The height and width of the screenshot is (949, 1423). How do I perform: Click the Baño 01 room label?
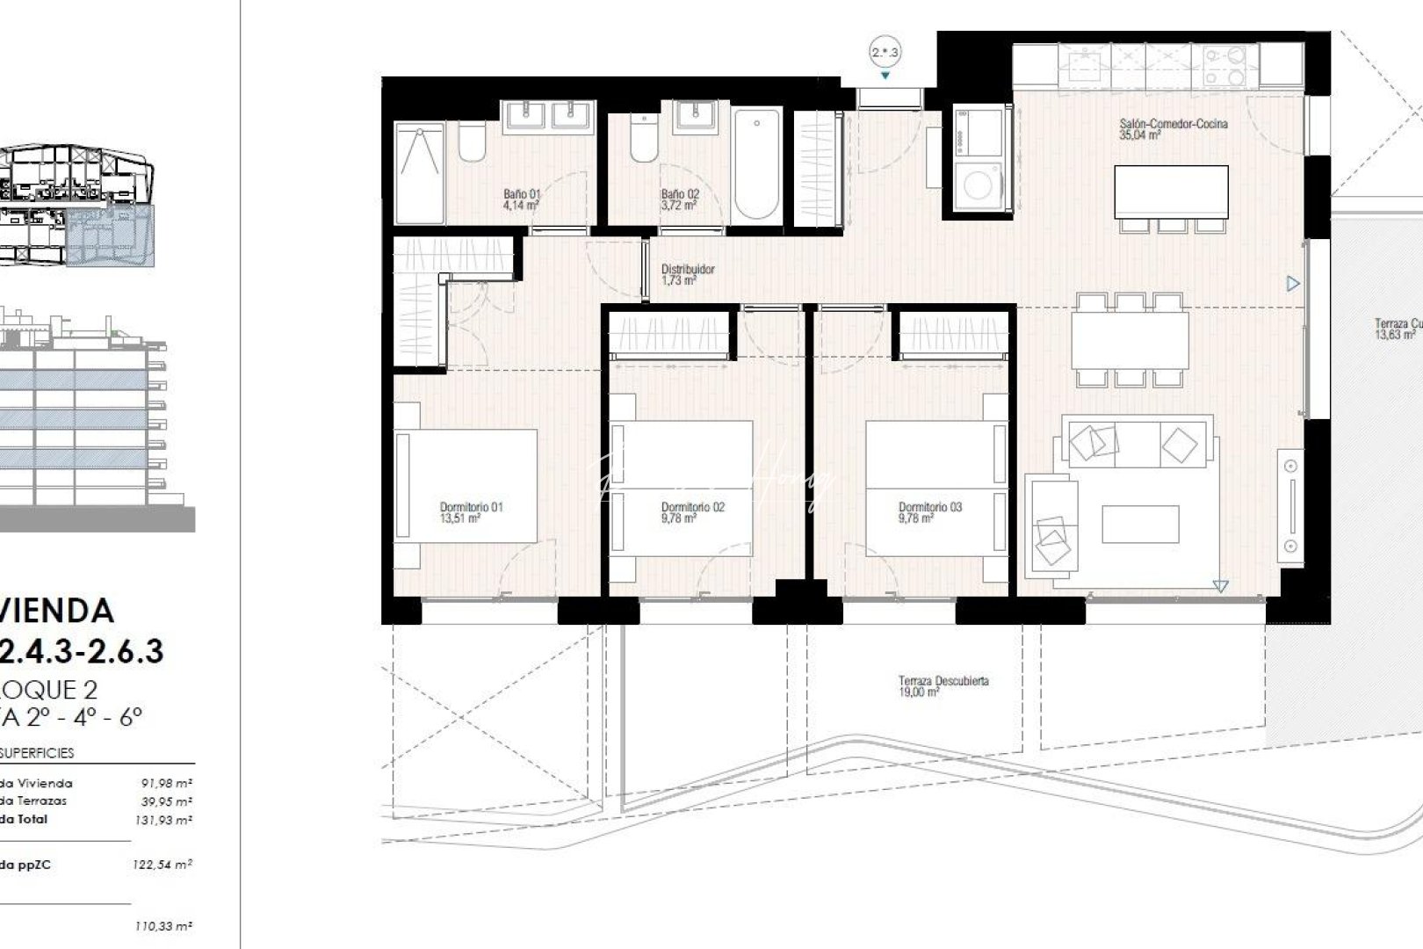pos(522,194)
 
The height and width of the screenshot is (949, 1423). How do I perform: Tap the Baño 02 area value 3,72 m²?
pos(679,206)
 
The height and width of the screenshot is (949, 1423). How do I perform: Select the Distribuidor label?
pos(688,270)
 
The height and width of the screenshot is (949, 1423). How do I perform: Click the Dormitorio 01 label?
pos(471,507)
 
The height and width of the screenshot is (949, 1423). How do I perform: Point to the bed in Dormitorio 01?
pos(466,486)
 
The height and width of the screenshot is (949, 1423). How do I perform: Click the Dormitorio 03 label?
pos(929,507)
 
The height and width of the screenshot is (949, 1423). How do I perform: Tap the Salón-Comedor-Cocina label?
pos(1173,124)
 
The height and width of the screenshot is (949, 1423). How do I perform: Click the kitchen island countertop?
pos(1171,192)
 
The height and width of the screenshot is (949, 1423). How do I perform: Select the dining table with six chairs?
pos(1129,340)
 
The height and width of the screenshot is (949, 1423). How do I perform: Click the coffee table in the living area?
pos(1140,524)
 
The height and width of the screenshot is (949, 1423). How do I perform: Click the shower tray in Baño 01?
pos(419,173)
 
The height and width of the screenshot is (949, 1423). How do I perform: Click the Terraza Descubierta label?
pos(943,681)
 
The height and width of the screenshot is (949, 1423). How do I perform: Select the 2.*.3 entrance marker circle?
pos(885,53)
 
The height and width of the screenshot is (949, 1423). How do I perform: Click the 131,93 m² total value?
pos(166,820)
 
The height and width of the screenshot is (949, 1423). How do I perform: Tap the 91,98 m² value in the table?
pos(166,783)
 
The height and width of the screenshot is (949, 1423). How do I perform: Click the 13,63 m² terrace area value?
pos(1396,335)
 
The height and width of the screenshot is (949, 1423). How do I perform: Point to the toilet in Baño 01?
pos(472,142)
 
